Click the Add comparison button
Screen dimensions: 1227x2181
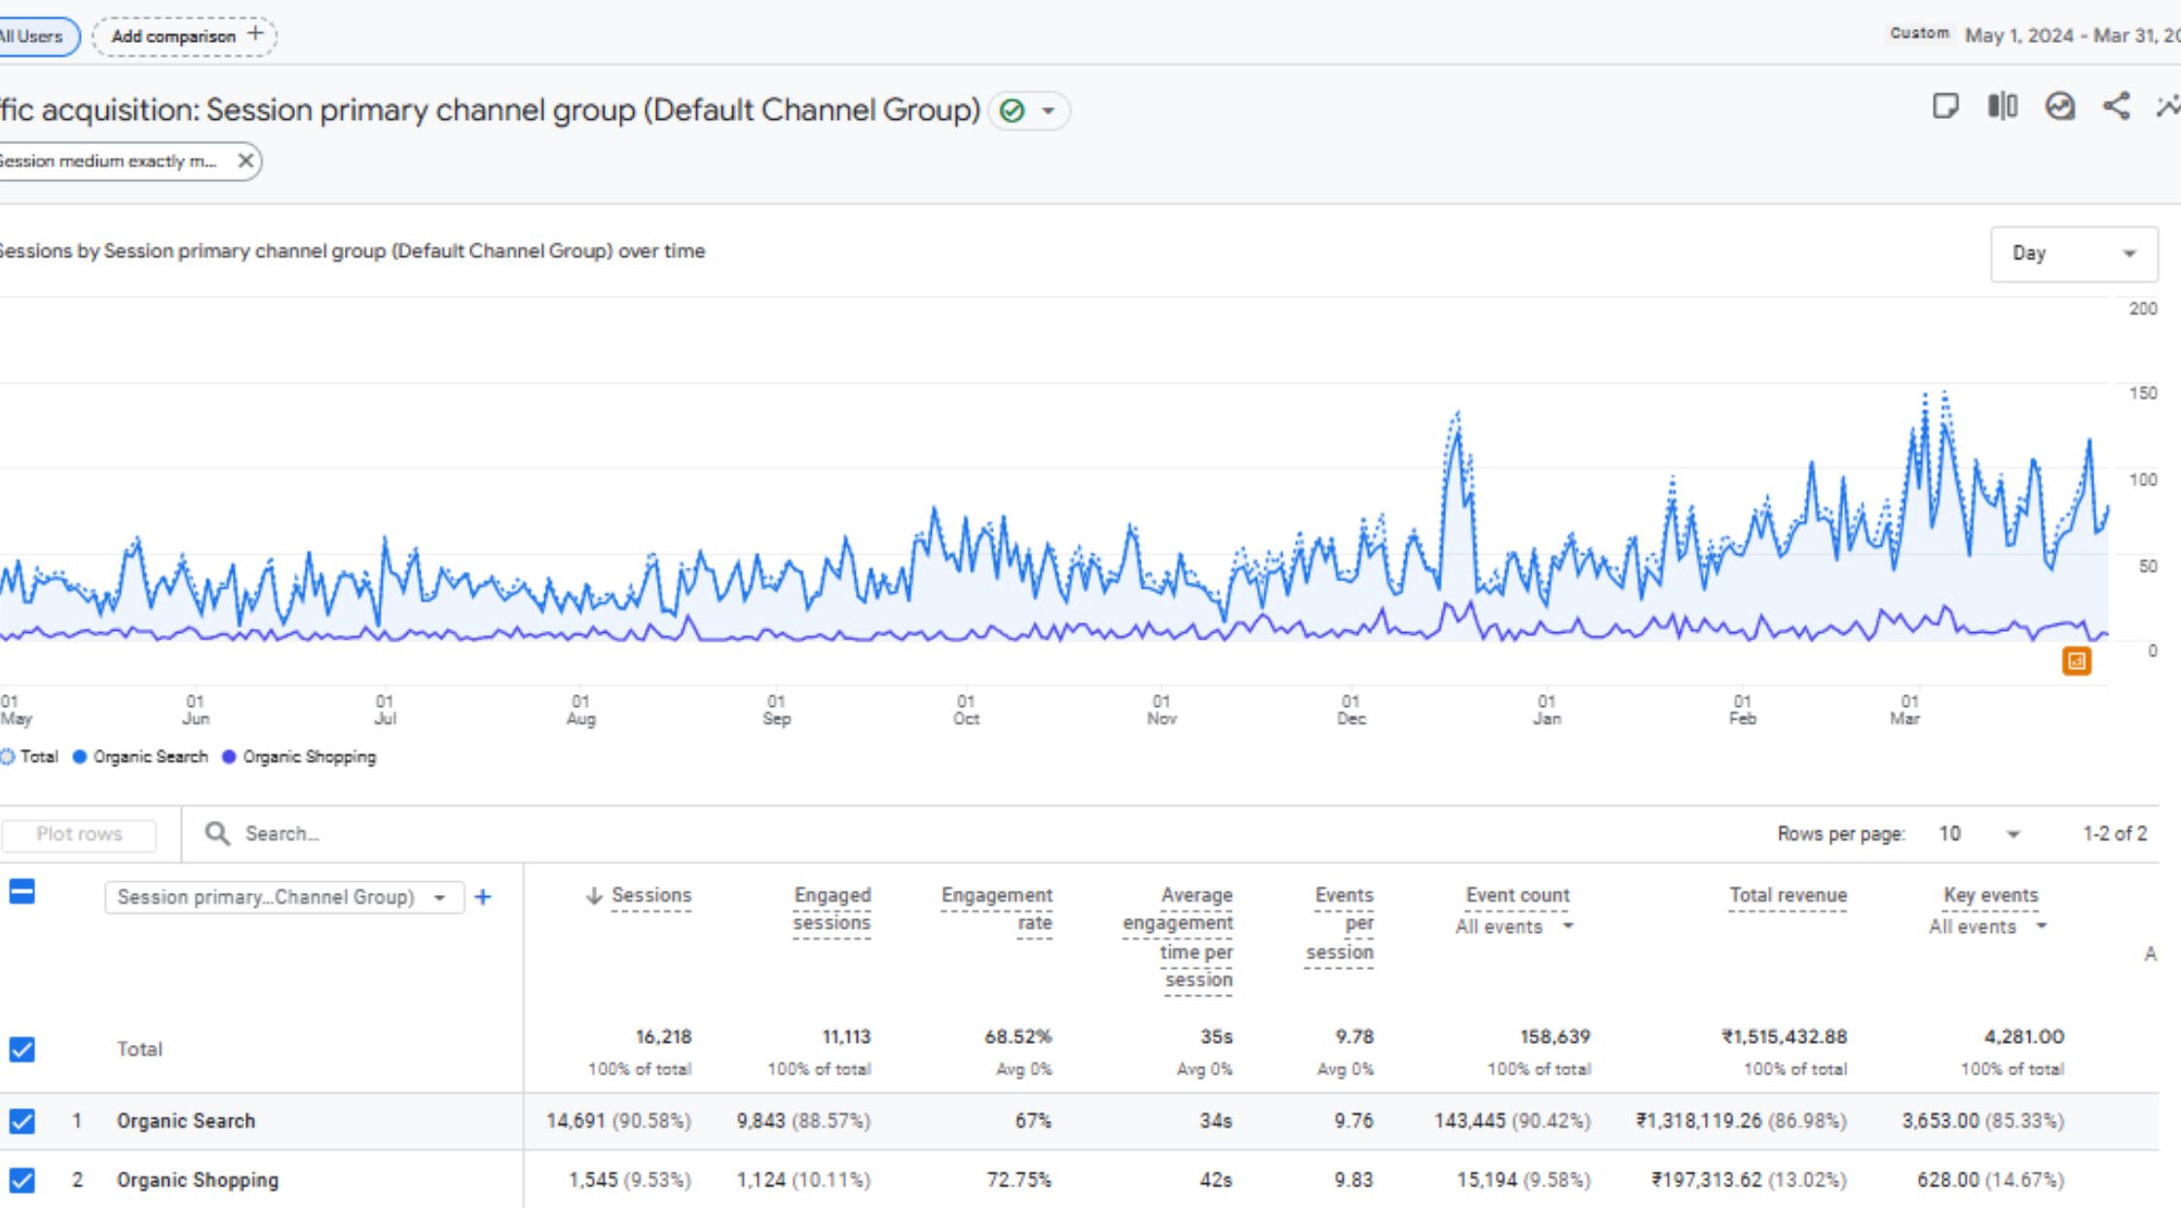tap(185, 36)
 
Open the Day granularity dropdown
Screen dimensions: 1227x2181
tap(2073, 254)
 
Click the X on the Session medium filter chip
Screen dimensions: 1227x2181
tap(245, 161)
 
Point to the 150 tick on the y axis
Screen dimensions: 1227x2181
tap(2142, 393)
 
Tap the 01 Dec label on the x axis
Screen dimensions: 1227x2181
tap(1350, 710)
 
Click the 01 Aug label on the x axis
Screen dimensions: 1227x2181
tap(580, 710)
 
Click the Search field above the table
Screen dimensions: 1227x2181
tap(282, 834)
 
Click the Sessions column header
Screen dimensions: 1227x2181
tap(649, 895)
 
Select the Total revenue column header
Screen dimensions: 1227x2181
tap(1787, 895)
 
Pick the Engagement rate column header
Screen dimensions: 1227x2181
tap(996, 908)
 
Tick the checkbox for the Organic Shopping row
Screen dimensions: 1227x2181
tap(21, 1180)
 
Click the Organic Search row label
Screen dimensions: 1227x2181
tap(186, 1121)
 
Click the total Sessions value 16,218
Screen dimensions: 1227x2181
tap(663, 1037)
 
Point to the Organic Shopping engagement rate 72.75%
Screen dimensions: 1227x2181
tap(1017, 1180)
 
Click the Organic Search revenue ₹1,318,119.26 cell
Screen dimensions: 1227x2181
tap(1741, 1121)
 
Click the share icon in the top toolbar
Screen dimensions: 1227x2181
tap(2116, 106)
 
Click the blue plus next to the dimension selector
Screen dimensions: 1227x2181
tap(483, 897)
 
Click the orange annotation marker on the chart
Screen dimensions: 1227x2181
tap(2076, 661)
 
